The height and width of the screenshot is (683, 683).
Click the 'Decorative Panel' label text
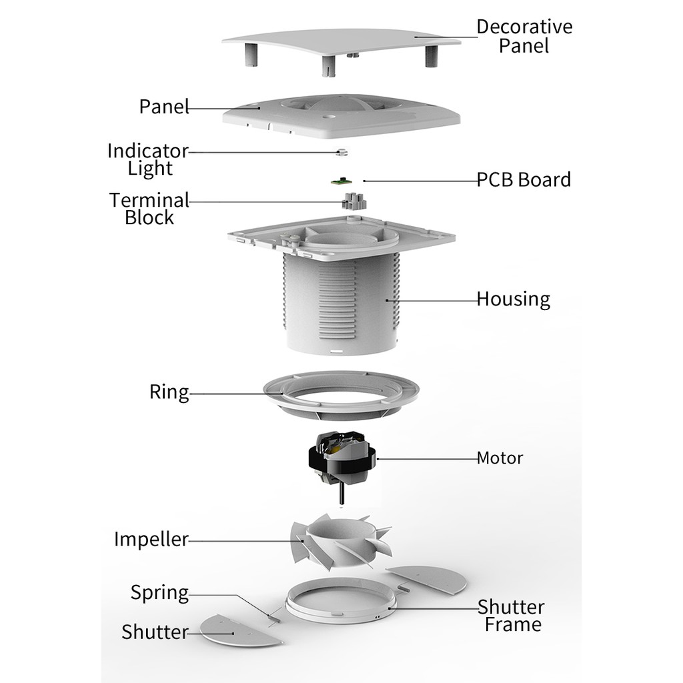click(524, 36)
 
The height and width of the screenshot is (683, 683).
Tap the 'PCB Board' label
click(524, 180)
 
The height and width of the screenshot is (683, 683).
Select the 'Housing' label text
click(513, 299)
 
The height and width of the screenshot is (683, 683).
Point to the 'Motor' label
click(500, 458)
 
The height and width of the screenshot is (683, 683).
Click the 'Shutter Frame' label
click(512, 616)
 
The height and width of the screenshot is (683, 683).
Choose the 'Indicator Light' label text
click(149, 159)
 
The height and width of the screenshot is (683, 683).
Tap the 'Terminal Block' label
click(149, 208)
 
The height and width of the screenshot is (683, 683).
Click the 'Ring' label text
click(169, 392)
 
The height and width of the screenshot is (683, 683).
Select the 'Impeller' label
click(151, 539)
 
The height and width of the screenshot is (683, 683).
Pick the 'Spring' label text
click(159, 592)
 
